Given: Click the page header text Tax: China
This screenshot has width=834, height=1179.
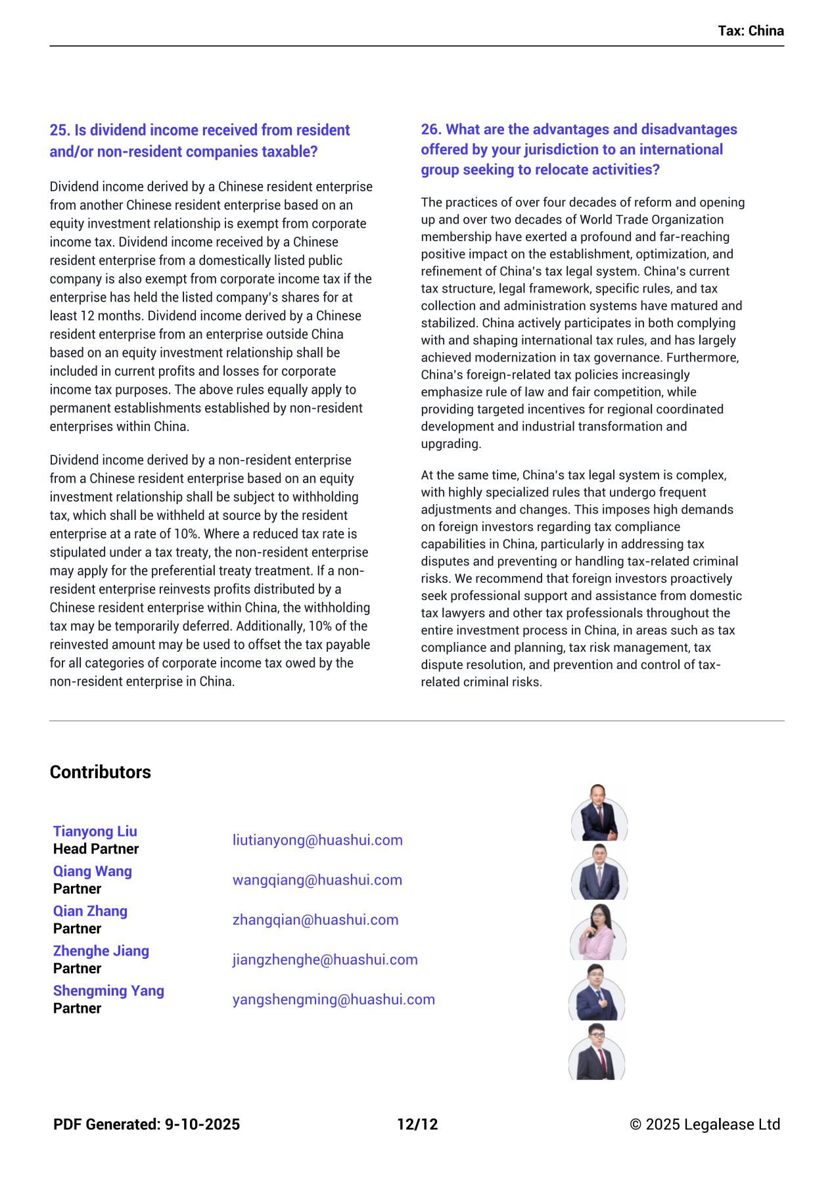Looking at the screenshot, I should [751, 31].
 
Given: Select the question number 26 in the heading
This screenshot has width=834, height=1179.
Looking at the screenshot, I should [431, 129].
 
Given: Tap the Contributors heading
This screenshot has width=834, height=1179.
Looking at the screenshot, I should [101, 772].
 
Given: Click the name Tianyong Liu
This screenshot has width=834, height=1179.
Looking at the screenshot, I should [95, 831].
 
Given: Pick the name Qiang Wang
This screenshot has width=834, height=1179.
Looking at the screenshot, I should [93, 871].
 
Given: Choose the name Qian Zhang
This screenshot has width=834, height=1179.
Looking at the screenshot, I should [91, 911].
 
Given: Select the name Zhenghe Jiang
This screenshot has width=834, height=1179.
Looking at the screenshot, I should [101, 951].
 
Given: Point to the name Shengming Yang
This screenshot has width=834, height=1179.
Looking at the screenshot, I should [109, 990].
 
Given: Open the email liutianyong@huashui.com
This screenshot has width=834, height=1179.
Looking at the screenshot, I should [317, 840].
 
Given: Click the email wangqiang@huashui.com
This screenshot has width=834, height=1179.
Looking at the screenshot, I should [317, 880].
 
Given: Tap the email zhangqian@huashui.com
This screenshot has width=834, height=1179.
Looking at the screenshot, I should [315, 919].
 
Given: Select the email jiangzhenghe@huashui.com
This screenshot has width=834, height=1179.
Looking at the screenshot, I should [325, 959].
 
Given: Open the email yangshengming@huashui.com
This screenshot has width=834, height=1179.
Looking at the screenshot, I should [334, 1000].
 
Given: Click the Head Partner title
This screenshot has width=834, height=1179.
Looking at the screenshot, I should [96, 849].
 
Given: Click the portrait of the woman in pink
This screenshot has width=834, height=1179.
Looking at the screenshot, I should [598, 932].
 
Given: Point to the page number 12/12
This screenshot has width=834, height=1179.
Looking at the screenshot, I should [417, 1124].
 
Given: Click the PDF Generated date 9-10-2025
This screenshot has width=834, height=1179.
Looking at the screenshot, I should [202, 1124].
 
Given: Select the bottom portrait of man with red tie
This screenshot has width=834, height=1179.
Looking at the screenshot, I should [597, 1052].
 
